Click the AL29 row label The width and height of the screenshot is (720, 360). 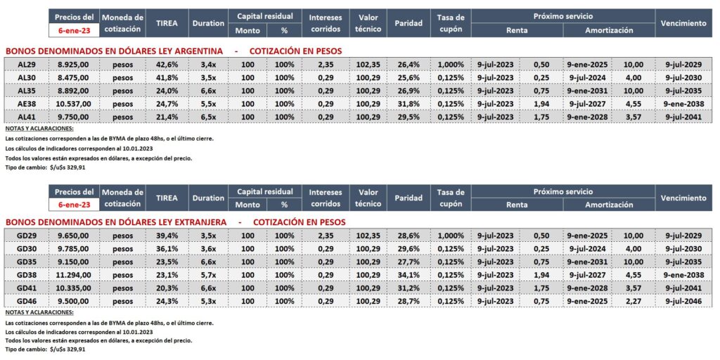tap(26, 65)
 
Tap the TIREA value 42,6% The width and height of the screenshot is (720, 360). tap(167, 65)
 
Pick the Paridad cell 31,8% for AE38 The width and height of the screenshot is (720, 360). tap(408, 103)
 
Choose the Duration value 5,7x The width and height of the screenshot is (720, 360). tap(207, 274)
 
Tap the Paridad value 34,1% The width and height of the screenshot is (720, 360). tap(408, 274)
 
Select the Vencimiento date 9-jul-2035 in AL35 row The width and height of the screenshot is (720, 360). tap(683, 90)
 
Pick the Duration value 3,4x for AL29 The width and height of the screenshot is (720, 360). tap(207, 65)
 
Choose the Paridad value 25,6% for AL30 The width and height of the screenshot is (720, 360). tap(408, 77)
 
